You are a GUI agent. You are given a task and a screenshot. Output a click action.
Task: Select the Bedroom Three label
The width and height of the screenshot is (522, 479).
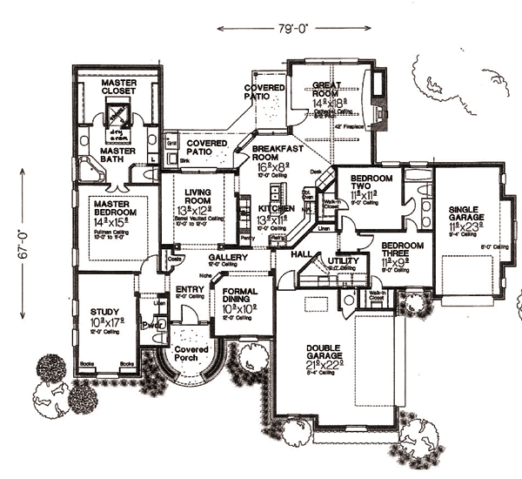pos(403,250)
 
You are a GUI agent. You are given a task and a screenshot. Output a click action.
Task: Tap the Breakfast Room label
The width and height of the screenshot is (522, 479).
pos(276,154)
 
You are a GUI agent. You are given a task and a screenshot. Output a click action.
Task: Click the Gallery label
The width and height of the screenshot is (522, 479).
pos(229,258)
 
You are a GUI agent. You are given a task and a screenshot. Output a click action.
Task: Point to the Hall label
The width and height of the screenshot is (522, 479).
pos(302,253)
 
